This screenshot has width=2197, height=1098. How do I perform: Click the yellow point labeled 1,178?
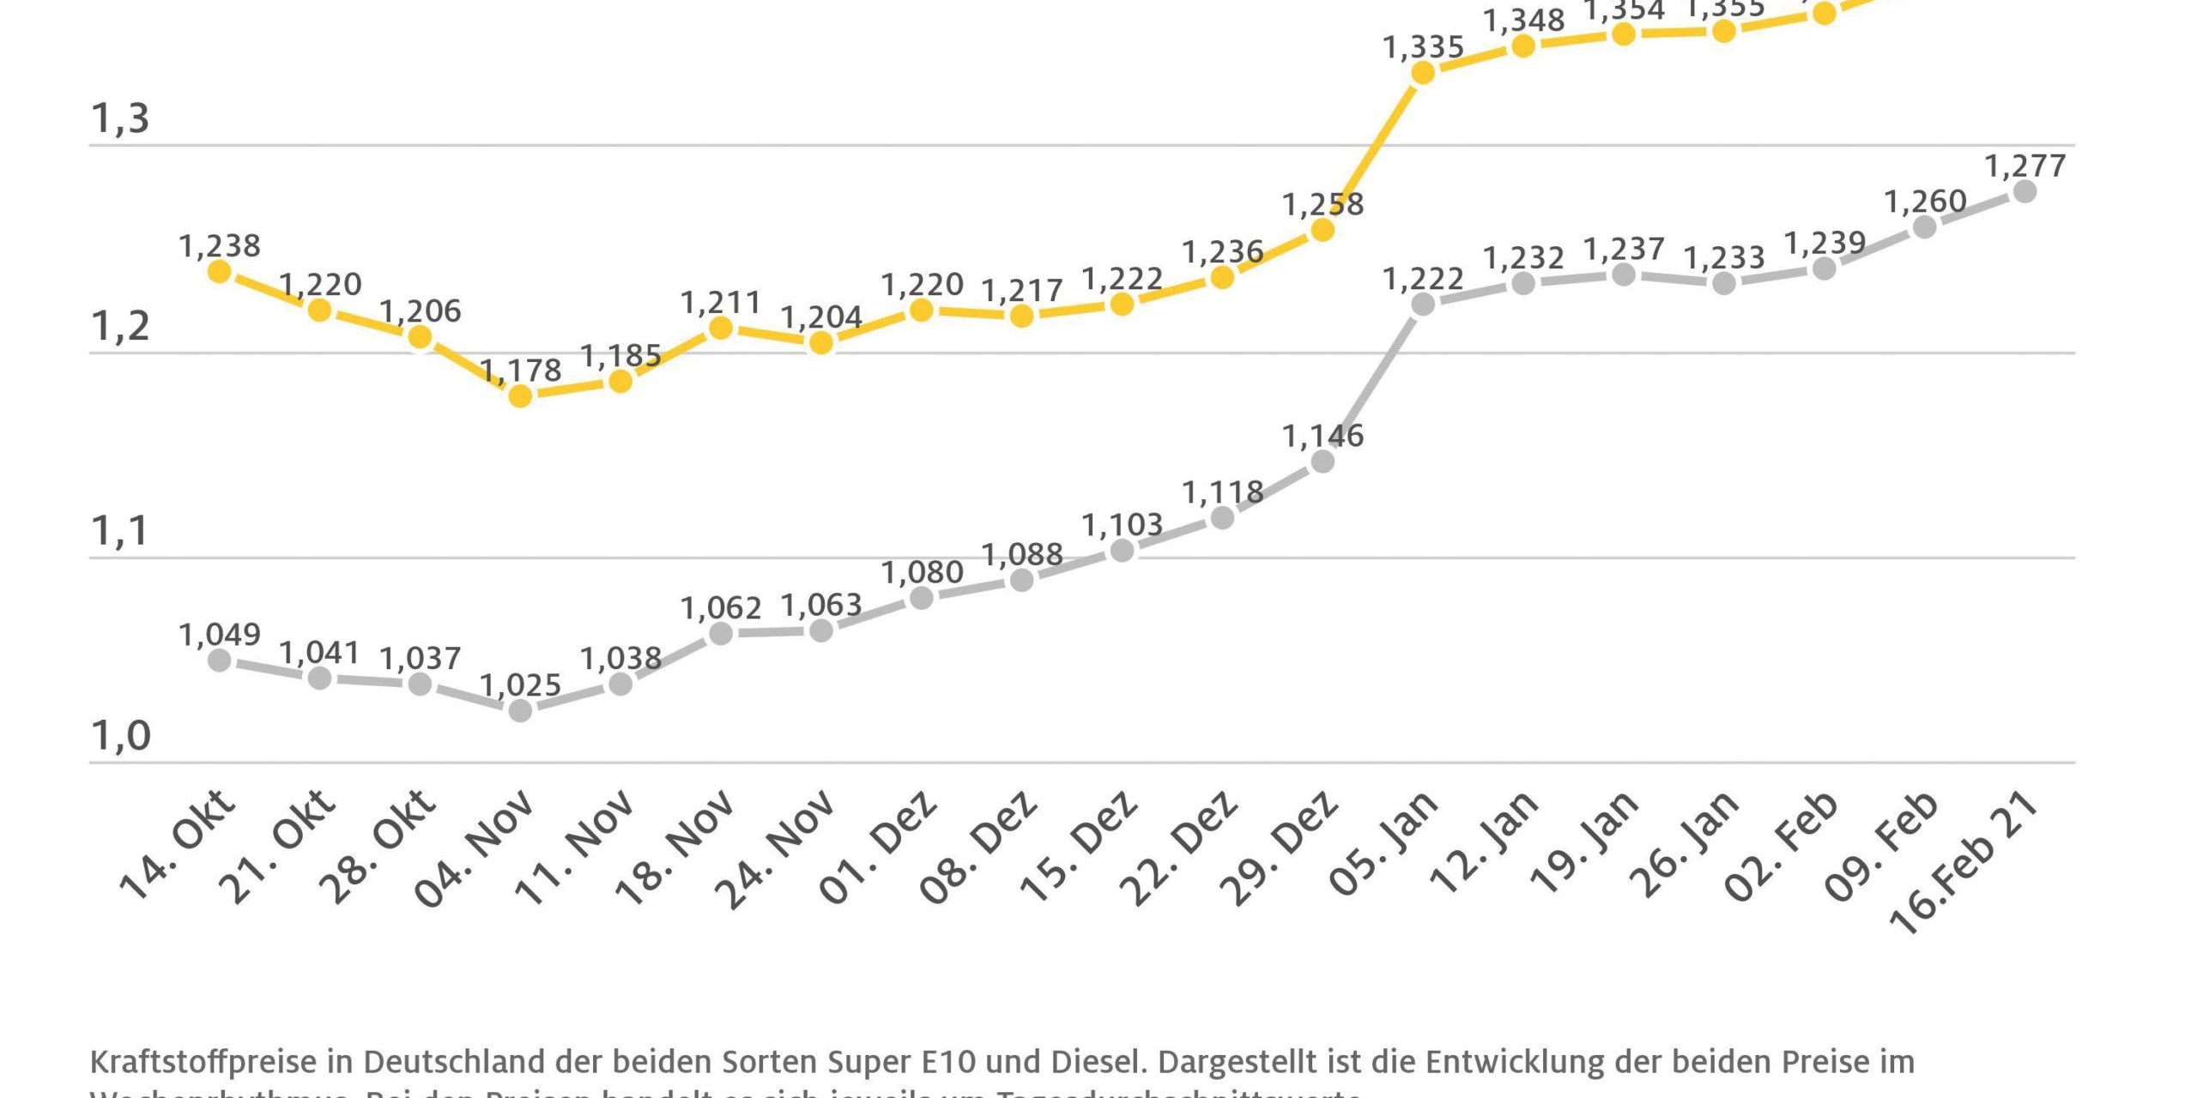click(520, 395)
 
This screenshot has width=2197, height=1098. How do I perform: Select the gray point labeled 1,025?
click(520, 710)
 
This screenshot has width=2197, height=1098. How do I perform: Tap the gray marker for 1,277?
click(2025, 191)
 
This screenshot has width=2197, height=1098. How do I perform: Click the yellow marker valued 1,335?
click(1423, 73)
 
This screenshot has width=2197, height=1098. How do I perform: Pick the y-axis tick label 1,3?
click(120, 118)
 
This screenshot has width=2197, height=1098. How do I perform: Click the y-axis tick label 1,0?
click(120, 736)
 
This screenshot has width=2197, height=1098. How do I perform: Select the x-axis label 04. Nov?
click(474, 849)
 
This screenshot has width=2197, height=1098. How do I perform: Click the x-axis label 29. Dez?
click(1278, 849)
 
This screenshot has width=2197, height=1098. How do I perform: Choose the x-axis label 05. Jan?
click(1382, 845)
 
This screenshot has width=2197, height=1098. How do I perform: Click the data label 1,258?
click(1322, 204)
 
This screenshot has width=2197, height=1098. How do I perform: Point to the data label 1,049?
click(220, 635)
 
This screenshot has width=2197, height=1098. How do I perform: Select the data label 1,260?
click(1925, 202)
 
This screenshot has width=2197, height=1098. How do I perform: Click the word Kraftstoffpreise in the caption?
click(203, 1062)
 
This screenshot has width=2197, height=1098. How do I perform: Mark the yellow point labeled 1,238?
click(220, 271)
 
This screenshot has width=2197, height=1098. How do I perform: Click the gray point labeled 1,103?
click(1122, 551)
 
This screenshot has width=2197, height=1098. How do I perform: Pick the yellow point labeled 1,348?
click(1523, 45)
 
